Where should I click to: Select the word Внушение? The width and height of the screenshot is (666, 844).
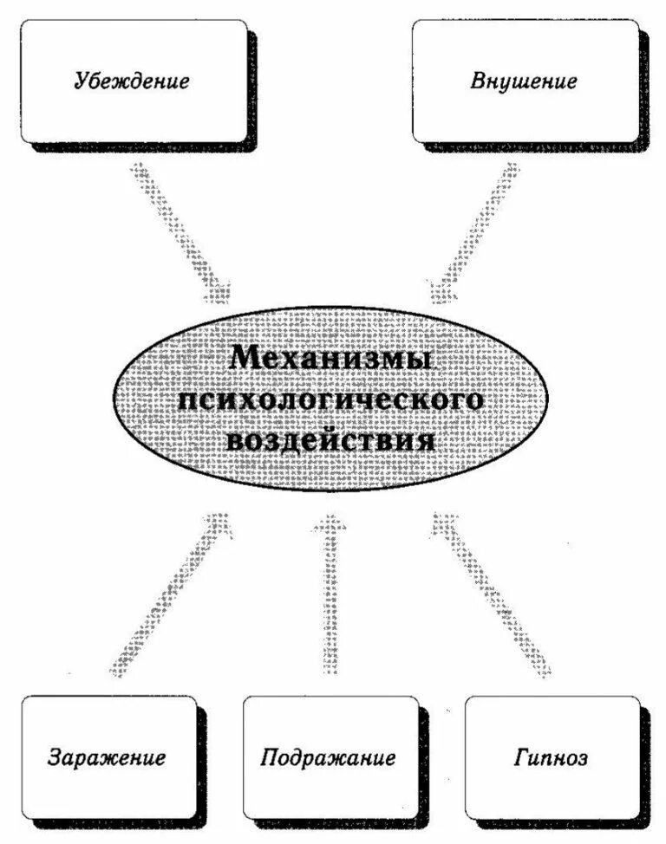point(525,83)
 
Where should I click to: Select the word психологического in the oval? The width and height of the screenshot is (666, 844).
point(330,400)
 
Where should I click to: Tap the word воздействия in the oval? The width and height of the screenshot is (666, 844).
point(330,441)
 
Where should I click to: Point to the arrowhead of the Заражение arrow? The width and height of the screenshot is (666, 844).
point(217,524)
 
